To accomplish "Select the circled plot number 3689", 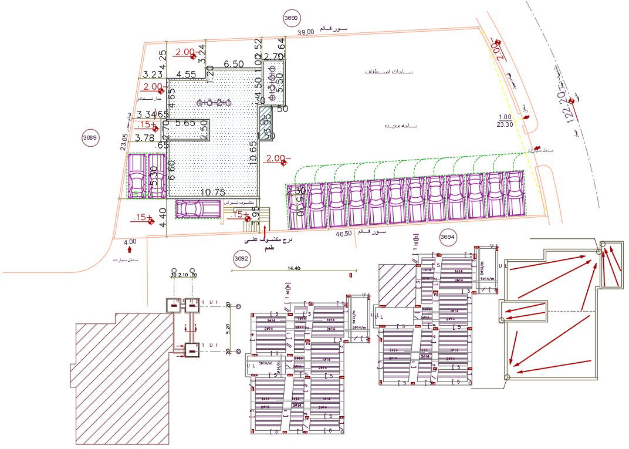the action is coord(90,138).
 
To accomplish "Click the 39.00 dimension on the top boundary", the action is coord(306,33).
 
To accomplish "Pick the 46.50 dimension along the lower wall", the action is coord(343,234).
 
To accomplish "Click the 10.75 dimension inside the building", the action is coord(214,192).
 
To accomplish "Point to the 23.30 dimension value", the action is coord(505,124).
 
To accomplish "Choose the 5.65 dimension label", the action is coord(185,123).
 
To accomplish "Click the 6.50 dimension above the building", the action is coord(234,63).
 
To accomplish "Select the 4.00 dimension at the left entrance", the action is coord(130,241).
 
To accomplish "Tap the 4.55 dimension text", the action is coord(186,75).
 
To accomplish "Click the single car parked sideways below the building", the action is coord(197,209).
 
